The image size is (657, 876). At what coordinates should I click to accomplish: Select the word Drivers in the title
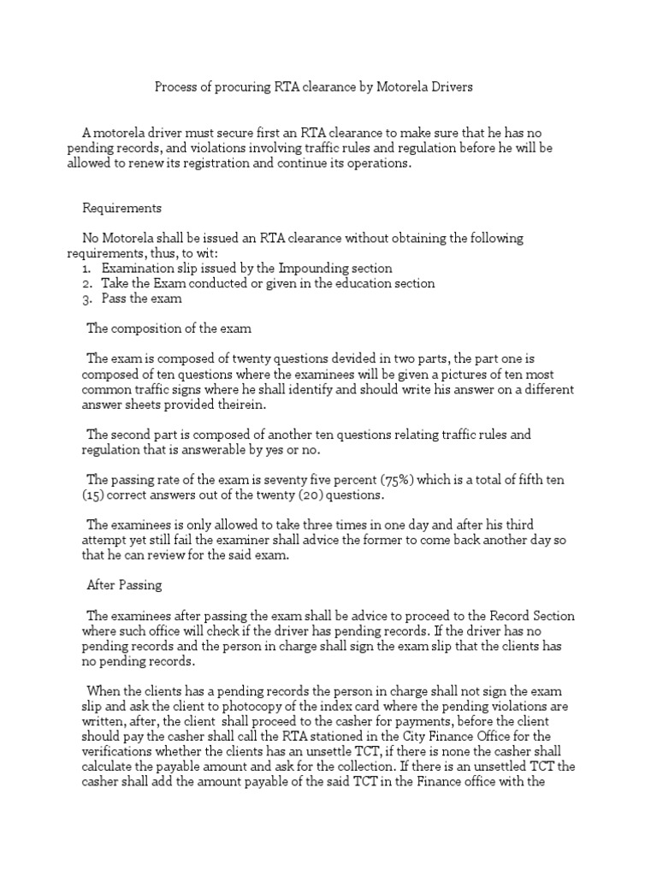(x=448, y=86)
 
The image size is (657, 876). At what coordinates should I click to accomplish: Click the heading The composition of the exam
(x=162, y=330)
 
